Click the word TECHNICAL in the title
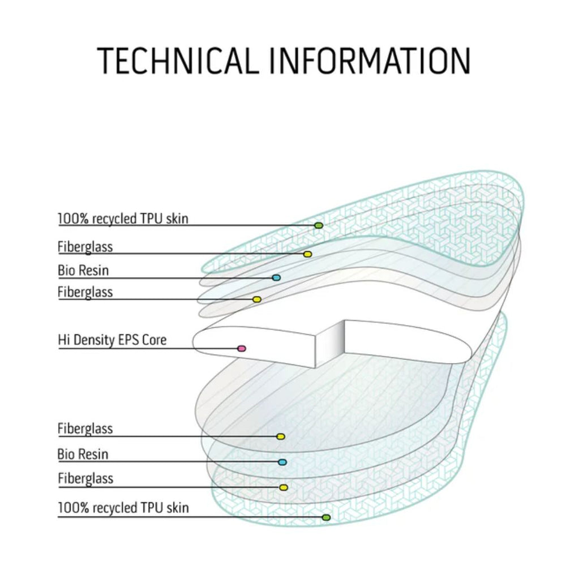(x=177, y=61)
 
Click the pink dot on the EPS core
(x=242, y=348)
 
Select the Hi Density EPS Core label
(x=112, y=340)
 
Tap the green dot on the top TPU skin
(x=319, y=225)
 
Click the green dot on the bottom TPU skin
(x=326, y=517)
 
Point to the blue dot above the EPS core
(x=276, y=278)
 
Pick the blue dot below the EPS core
(x=282, y=462)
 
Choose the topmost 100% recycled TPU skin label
(x=123, y=218)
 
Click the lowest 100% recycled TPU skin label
(x=123, y=508)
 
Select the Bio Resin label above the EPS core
(x=83, y=270)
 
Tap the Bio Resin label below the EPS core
(x=83, y=454)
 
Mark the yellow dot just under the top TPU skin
(x=307, y=254)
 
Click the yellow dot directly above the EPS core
(x=256, y=299)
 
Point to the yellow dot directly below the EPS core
(x=280, y=436)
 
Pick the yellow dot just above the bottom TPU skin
(x=284, y=487)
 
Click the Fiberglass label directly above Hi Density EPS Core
(x=85, y=292)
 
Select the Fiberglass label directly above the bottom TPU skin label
(x=85, y=479)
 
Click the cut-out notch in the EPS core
(x=331, y=342)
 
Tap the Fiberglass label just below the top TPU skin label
(x=85, y=247)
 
